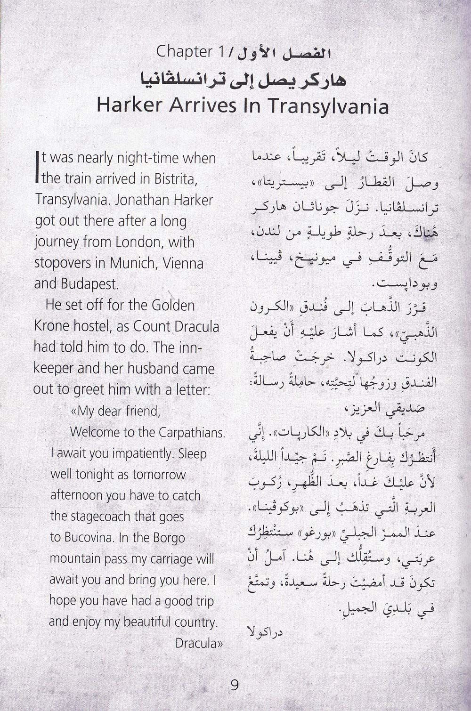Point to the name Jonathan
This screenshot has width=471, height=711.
[132, 200]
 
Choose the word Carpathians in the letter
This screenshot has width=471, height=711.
[192, 432]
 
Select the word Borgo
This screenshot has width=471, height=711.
[166, 538]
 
